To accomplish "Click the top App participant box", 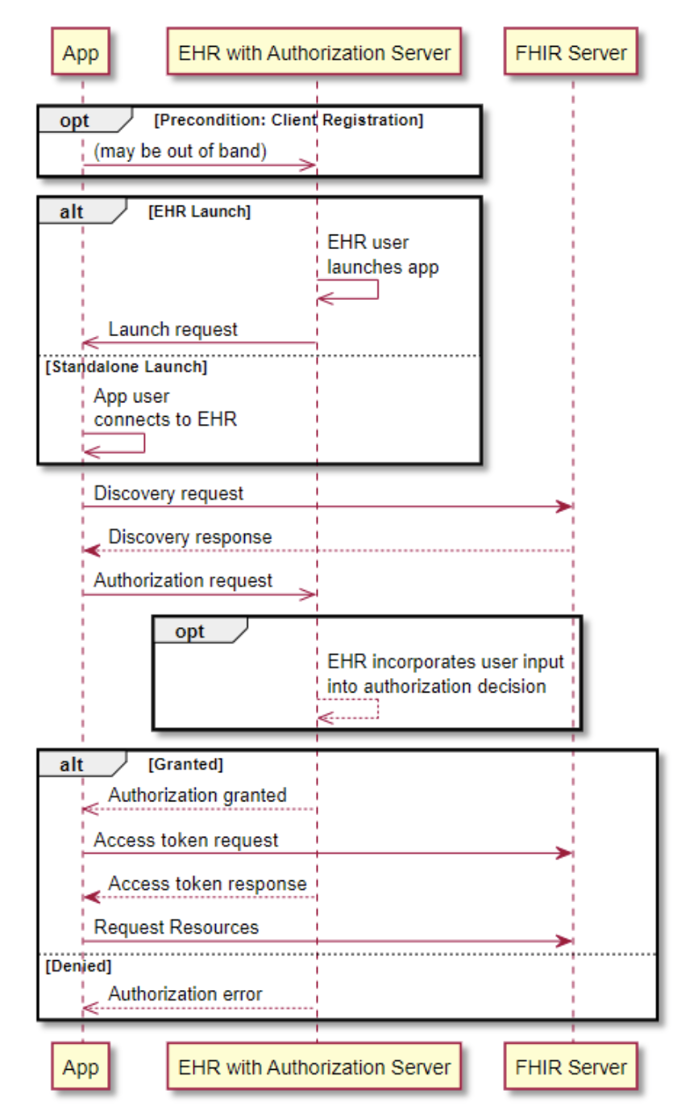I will [x=81, y=54].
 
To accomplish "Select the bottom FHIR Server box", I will [x=571, y=1067].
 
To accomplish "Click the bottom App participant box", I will [x=81, y=1067].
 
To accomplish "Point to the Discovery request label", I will [x=168, y=493].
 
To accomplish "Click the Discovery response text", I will [x=190, y=537].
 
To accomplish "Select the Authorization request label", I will [x=183, y=580].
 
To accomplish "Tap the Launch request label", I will [x=173, y=329].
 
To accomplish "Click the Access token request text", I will [x=186, y=840].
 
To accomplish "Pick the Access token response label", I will [x=207, y=884].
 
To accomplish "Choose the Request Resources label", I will [x=177, y=927].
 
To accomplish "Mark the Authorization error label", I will [x=185, y=994].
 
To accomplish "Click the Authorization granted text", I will [x=197, y=795].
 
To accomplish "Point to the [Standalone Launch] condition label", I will [x=127, y=368].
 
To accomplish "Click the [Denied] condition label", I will [x=79, y=965].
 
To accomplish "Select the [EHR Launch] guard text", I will [x=199, y=212].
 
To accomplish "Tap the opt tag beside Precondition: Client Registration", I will [x=74, y=120].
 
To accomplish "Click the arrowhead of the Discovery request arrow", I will [x=564, y=507].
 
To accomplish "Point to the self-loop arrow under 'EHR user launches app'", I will [x=355, y=290].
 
